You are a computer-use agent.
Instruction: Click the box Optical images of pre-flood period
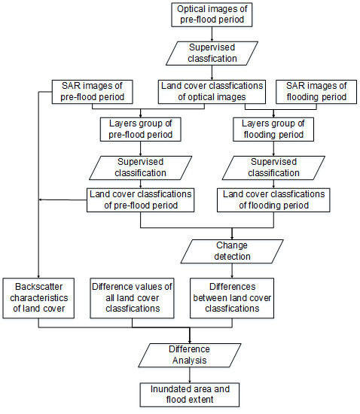click(212, 15)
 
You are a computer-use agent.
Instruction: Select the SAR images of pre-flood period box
click(92, 92)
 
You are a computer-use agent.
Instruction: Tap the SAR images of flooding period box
click(316, 92)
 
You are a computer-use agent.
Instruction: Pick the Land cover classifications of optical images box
click(212, 92)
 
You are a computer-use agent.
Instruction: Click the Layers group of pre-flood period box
click(141, 129)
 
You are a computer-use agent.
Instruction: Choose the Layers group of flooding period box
click(273, 129)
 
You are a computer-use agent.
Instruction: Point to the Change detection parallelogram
click(232, 251)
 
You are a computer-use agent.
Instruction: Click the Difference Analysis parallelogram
click(190, 355)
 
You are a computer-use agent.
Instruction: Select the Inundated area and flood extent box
click(190, 394)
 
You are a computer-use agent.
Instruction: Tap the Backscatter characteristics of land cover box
click(38, 298)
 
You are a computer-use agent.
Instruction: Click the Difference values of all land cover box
click(132, 298)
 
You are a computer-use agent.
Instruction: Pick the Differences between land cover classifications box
click(232, 298)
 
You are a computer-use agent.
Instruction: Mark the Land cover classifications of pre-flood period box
click(141, 200)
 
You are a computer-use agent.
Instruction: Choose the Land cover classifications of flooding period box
click(273, 200)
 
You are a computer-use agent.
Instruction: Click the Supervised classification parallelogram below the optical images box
click(212, 53)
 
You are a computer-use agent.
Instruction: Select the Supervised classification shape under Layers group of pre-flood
click(141, 168)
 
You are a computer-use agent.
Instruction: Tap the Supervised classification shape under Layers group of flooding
click(273, 168)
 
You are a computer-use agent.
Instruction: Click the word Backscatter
click(39, 287)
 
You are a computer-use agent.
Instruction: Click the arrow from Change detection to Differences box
click(232, 271)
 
